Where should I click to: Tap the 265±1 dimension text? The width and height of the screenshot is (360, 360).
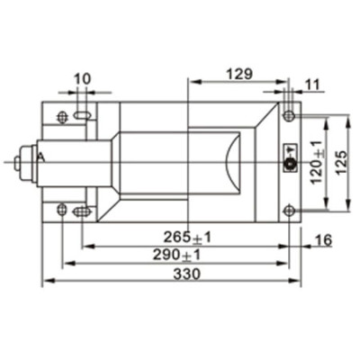pyautogui.click(x=188, y=237)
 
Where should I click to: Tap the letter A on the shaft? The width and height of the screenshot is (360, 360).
pyautogui.click(x=40, y=157)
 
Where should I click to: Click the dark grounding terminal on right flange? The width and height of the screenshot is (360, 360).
pyautogui.click(x=290, y=163)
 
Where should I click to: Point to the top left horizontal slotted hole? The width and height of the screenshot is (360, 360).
pyautogui.click(x=82, y=116)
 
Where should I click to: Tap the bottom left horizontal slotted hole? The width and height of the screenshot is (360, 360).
pyautogui.click(x=82, y=211)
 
